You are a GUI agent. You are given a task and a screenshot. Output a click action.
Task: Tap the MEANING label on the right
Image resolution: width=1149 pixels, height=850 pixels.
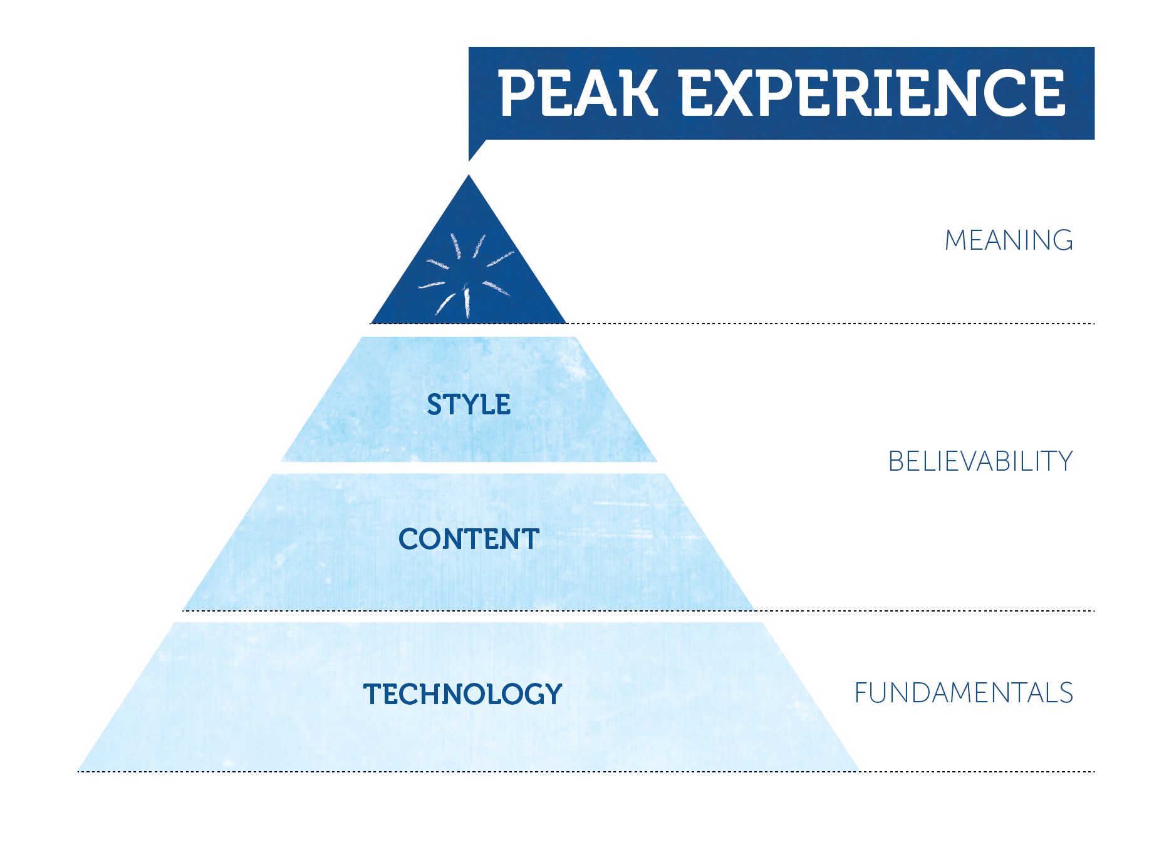pyautogui.click(x=1009, y=240)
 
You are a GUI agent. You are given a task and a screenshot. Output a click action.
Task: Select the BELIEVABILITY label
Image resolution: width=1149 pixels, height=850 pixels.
pyautogui.click(x=980, y=461)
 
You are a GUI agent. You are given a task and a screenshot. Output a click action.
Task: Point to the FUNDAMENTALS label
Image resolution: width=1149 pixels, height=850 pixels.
pyautogui.click(x=964, y=693)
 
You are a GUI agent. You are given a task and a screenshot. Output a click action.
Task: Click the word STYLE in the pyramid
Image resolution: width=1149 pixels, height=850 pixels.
pyautogui.click(x=469, y=404)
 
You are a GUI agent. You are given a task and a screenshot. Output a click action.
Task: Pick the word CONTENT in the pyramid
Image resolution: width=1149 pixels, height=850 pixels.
pyautogui.click(x=469, y=539)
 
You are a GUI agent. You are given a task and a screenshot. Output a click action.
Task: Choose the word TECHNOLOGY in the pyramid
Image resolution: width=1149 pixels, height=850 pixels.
pyautogui.click(x=463, y=694)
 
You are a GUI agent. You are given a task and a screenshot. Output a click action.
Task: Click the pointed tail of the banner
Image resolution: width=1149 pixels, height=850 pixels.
pyautogui.click(x=475, y=150)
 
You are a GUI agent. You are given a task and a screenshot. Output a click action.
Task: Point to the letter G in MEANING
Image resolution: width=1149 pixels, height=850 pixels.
pyautogui.click(x=1061, y=240)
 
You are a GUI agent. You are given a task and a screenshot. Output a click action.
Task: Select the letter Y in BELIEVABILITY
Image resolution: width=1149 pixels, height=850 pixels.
pyautogui.click(x=1063, y=461)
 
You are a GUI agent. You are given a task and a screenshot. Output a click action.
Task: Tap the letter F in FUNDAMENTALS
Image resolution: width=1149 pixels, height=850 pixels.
pyautogui.click(x=862, y=693)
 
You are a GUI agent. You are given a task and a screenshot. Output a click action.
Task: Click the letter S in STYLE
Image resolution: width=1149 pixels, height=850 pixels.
pyautogui.click(x=435, y=404)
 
